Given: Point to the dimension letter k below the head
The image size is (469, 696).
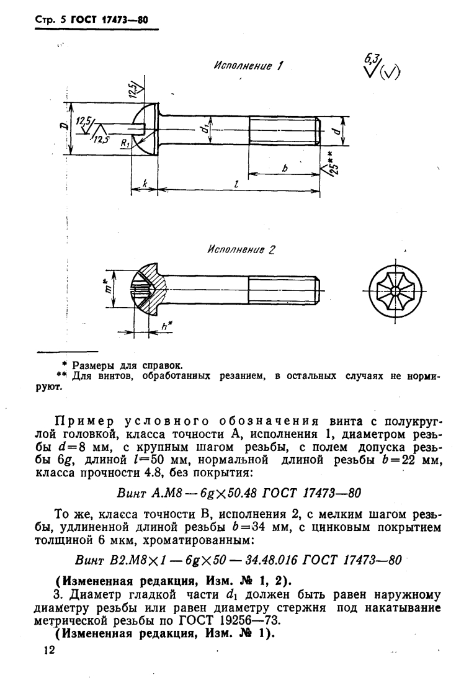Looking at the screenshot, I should pos(143,184).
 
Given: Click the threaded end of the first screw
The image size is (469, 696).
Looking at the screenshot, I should pos(285,130).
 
